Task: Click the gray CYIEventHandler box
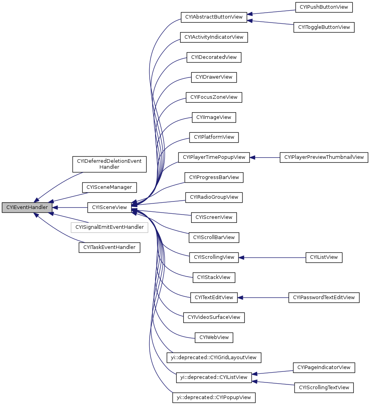click(x=27, y=207)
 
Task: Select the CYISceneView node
click(x=109, y=207)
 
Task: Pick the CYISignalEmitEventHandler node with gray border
click(x=109, y=227)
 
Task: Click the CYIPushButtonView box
click(x=324, y=7)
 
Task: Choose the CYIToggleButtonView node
click(x=324, y=27)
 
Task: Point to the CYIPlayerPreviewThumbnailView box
click(x=324, y=157)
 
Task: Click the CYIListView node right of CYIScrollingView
click(x=324, y=257)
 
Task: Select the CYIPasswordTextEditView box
click(x=324, y=298)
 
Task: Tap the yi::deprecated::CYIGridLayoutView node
click(x=214, y=358)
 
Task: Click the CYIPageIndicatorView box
click(x=324, y=367)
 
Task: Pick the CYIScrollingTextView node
click(x=324, y=388)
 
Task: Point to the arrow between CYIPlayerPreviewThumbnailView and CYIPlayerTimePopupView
click(x=265, y=157)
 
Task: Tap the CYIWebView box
click(x=214, y=337)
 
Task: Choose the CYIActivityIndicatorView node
click(x=214, y=37)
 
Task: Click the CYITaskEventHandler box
click(x=109, y=247)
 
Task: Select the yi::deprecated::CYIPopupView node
click(x=214, y=397)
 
